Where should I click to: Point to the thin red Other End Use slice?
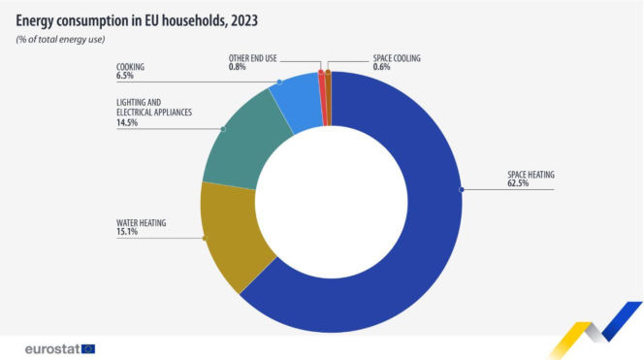(321, 97)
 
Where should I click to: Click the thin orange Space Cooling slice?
(328, 97)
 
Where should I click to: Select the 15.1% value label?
(126, 232)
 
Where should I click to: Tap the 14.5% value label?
(126, 123)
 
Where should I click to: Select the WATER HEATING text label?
(142, 223)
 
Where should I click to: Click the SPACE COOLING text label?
(370, 58)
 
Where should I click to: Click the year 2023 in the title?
(239, 18)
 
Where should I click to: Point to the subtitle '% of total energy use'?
(60, 39)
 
